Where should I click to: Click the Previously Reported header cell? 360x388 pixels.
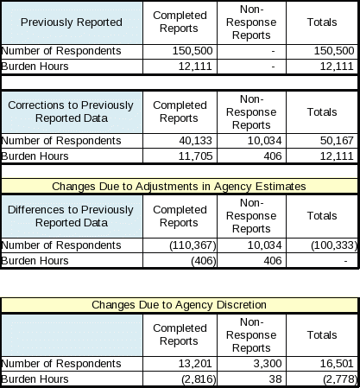(x=72, y=22)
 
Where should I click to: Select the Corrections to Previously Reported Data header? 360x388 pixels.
(x=72, y=111)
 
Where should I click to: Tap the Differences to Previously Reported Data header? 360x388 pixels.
(x=72, y=216)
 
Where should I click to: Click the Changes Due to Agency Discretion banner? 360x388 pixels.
(x=180, y=305)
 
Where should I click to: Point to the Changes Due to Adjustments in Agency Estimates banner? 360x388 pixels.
(x=180, y=187)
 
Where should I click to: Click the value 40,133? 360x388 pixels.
(x=195, y=141)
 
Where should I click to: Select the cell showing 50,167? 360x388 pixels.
(x=337, y=141)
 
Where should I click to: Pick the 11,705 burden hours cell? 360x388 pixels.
(x=195, y=156)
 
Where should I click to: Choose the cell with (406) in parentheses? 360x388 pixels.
(x=204, y=261)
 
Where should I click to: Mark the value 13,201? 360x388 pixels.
(x=195, y=364)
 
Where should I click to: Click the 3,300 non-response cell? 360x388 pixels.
(x=268, y=364)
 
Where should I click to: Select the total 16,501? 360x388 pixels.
(x=337, y=364)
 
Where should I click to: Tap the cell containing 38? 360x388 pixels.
(x=275, y=379)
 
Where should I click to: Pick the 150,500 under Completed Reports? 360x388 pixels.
(x=193, y=51)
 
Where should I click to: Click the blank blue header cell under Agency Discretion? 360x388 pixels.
(x=72, y=335)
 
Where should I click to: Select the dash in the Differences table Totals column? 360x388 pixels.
(x=345, y=261)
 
